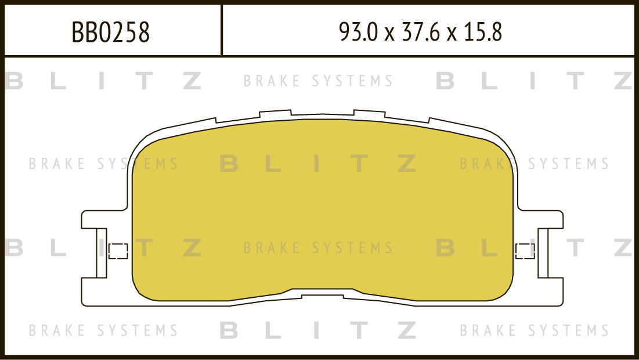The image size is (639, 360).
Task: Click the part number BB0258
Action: [x=111, y=32]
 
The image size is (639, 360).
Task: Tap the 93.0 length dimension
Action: [x=359, y=32]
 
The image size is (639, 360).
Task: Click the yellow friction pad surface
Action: [x=322, y=210]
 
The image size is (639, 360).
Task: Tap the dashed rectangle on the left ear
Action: [x=118, y=251]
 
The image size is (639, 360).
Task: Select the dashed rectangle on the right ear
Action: [x=525, y=251]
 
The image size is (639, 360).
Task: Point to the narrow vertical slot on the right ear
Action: [x=543, y=253]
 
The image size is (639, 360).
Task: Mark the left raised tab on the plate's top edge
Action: [x=276, y=113]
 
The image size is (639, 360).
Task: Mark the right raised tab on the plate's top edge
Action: [x=369, y=113]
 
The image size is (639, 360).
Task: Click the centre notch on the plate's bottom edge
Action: [x=323, y=295]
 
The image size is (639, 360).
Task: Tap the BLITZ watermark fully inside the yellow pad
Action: [x=318, y=164]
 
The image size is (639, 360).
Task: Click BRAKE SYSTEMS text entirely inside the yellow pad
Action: [x=318, y=247]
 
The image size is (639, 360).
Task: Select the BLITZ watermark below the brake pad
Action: [x=318, y=330]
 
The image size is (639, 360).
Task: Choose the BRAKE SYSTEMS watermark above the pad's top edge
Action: [x=318, y=81]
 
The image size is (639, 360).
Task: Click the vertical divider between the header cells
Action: [x=222, y=30]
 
